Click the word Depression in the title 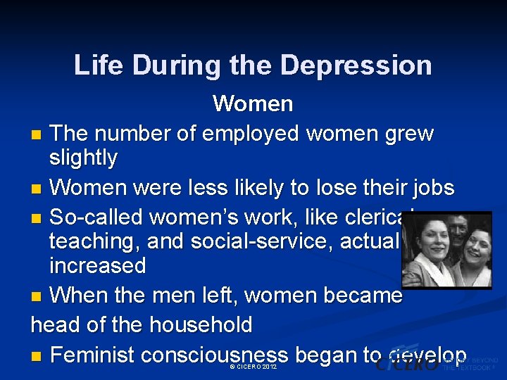356,65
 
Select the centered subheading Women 253,103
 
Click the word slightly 83,158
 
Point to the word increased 97,265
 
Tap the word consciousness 214,355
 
